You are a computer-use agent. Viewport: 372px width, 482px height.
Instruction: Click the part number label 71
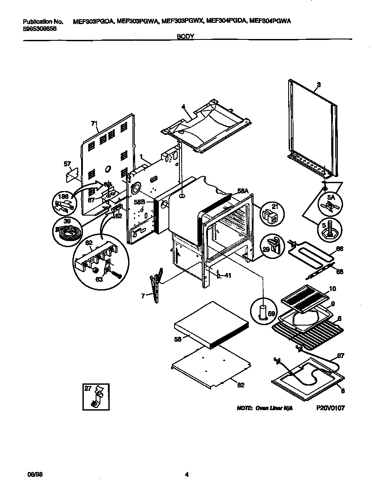(x=93, y=124)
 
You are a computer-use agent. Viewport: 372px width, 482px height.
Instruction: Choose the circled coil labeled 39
(x=66, y=229)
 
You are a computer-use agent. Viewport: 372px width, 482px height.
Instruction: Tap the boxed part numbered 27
(x=96, y=397)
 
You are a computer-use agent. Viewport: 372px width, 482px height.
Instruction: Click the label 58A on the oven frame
(x=243, y=191)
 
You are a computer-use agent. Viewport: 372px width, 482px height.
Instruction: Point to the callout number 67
(x=340, y=355)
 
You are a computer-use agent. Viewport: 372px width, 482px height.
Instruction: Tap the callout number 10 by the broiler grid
(x=332, y=289)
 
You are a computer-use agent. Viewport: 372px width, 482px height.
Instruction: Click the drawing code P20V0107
(x=330, y=408)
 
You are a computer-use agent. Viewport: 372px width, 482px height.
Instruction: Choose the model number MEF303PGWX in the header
(x=182, y=21)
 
